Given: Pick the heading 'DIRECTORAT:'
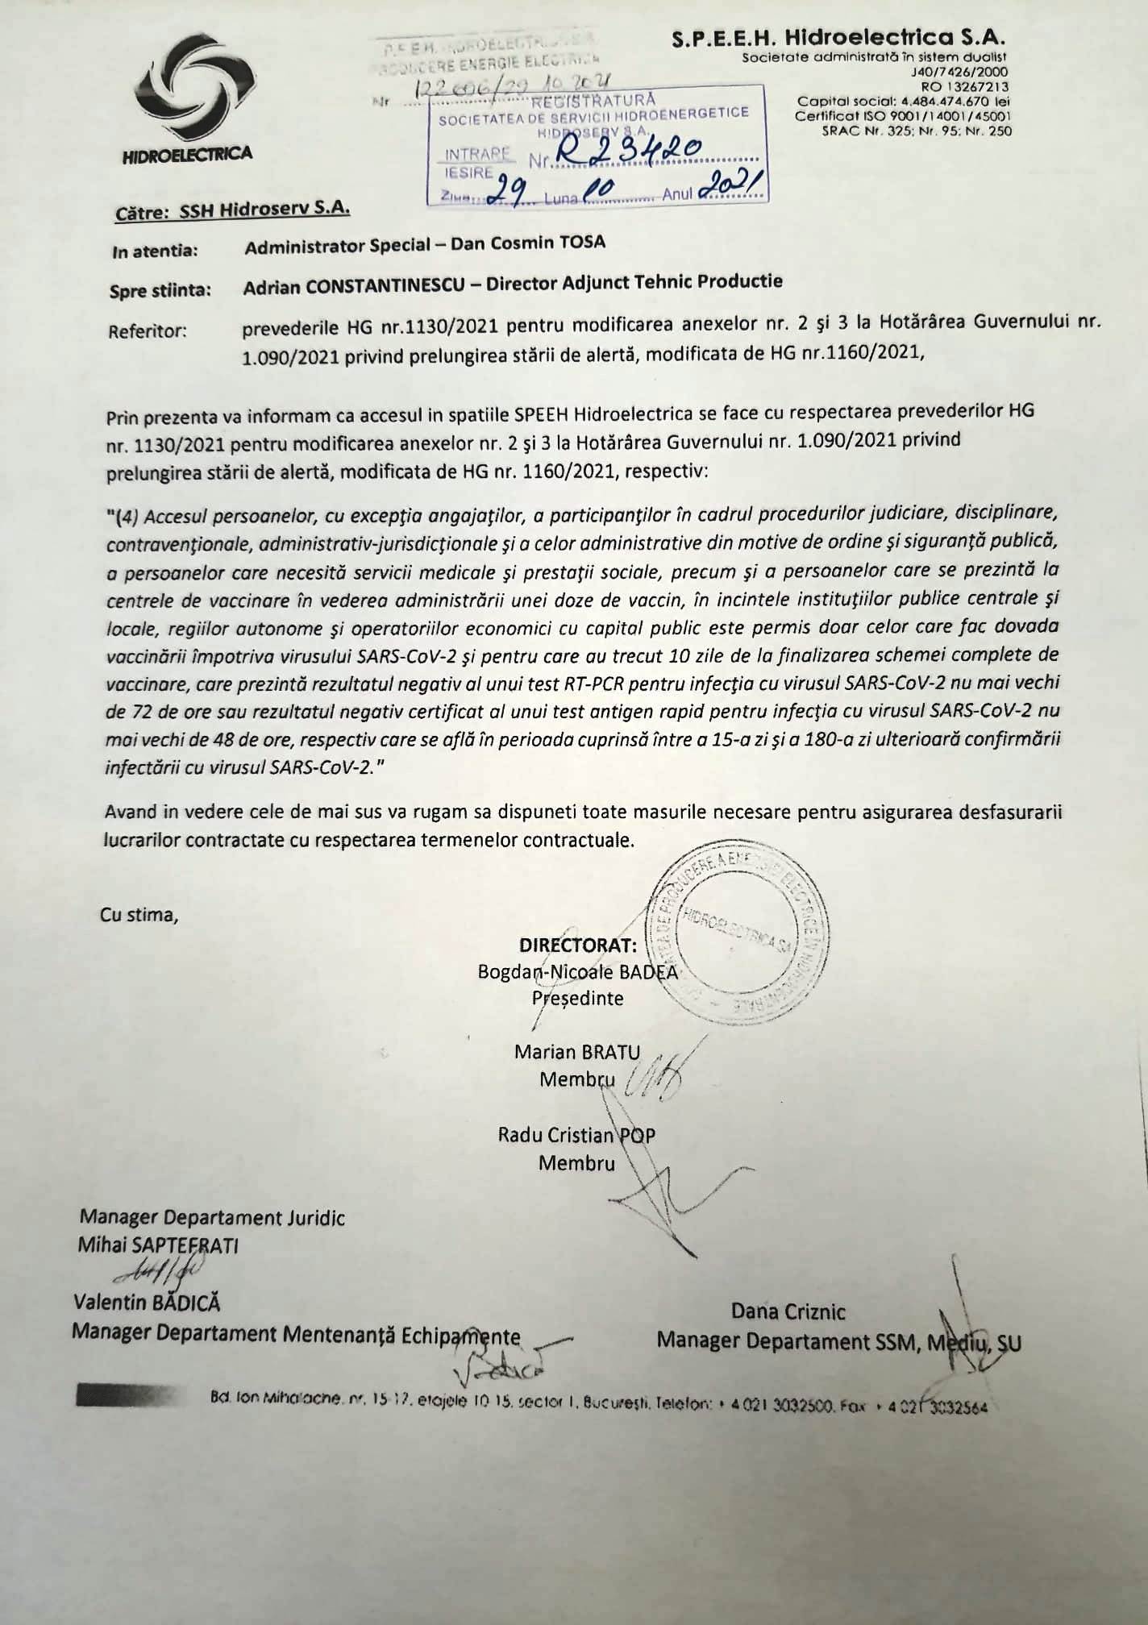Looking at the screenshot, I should tap(579, 945).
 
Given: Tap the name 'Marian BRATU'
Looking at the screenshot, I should tap(578, 1052).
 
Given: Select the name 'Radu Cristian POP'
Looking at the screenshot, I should tap(576, 1136).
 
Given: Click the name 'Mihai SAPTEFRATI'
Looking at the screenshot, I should tap(158, 1245).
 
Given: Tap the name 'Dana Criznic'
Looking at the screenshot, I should tap(788, 1311).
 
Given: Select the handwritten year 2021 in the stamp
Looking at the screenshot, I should tap(732, 189).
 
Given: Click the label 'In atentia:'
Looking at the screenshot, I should tap(156, 251).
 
